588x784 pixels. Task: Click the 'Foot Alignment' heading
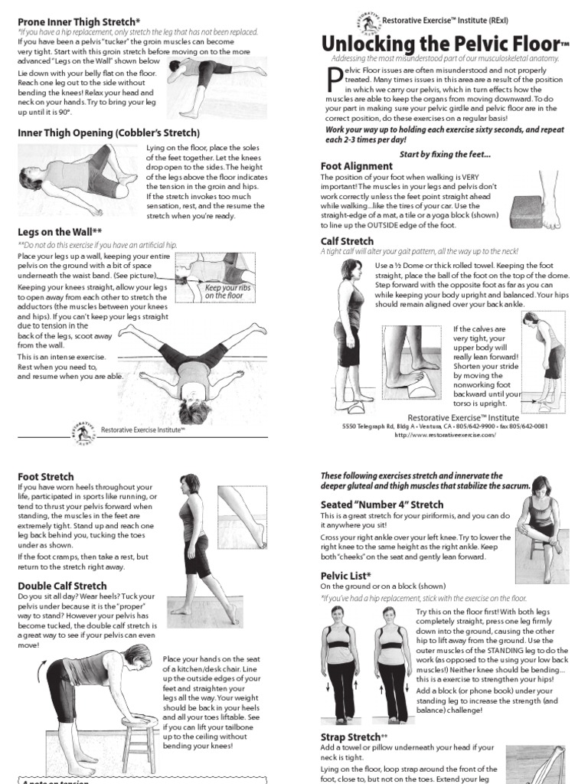356,165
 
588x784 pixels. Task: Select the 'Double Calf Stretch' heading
62,586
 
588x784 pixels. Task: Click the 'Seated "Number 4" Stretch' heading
381,505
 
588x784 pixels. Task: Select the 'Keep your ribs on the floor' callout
224,292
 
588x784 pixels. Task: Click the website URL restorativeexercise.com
445,434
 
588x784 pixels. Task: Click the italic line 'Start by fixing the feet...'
444,155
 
